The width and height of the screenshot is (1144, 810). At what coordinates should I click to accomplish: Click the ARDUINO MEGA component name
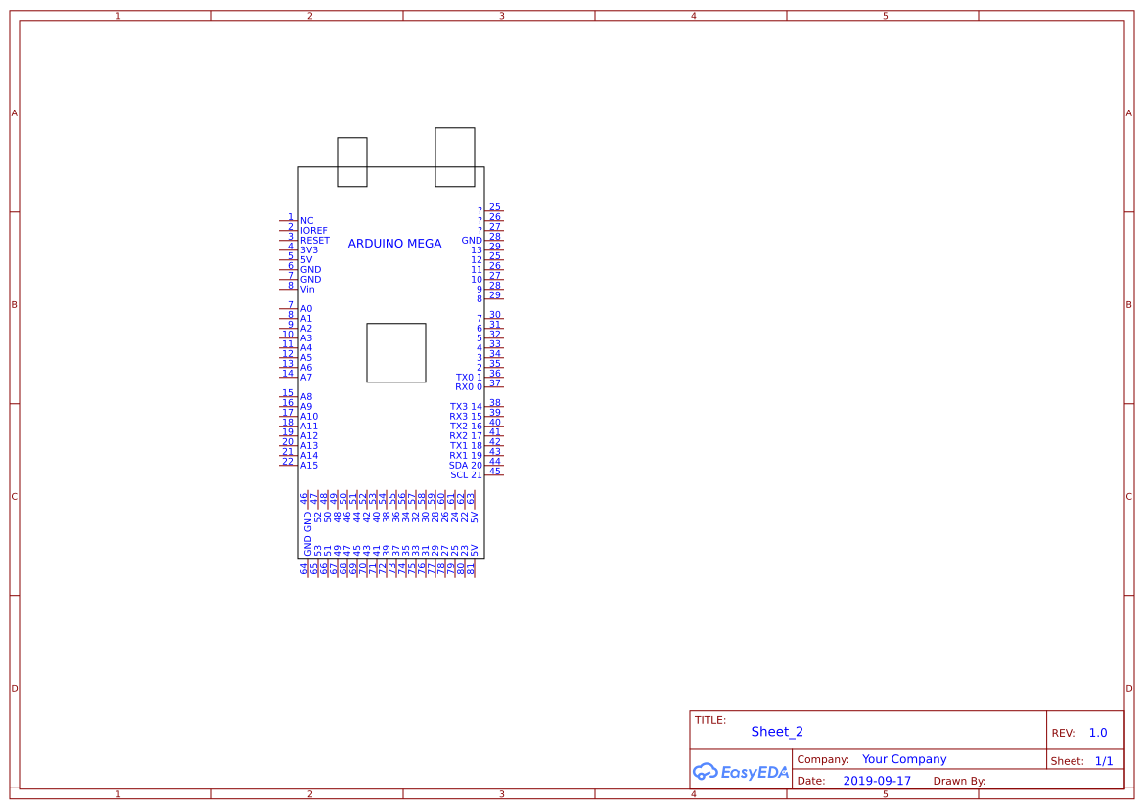coord(394,244)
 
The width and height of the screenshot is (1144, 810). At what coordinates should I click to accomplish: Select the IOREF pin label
coord(314,231)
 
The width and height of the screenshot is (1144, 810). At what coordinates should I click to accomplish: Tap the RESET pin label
coord(315,241)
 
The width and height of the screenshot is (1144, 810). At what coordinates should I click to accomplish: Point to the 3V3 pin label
coord(309,250)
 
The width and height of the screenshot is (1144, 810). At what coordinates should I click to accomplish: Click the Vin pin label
coord(307,290)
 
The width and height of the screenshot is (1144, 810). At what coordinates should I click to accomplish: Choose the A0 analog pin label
coord(306,309)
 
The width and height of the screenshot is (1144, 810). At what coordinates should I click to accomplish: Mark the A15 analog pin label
coord(309,466)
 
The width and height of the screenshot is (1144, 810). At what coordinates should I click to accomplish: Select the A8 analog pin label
coord(306,397)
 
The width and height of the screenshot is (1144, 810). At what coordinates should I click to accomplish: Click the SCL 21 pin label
coord(466,475)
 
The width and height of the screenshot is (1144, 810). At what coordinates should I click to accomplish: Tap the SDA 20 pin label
coord(466,466)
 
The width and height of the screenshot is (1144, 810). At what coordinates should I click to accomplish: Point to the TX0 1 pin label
coord(469,378)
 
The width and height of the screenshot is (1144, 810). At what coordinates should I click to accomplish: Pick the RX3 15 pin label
coord(466,417)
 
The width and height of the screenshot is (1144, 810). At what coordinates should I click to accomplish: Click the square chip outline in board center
coord(396,352)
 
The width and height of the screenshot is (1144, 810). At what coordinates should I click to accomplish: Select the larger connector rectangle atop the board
coord(455,157)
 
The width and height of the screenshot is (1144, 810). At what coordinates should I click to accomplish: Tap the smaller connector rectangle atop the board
coord(352,161)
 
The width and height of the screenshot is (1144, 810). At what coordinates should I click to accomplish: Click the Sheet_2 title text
coord(777,732)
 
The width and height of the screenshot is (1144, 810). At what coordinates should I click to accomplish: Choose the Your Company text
coord(904,759)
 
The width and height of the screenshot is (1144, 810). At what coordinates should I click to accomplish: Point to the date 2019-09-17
coord(877,781)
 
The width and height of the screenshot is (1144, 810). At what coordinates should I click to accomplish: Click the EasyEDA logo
coord(741,772)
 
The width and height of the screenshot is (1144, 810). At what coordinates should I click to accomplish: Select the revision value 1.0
coord(1098,733)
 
